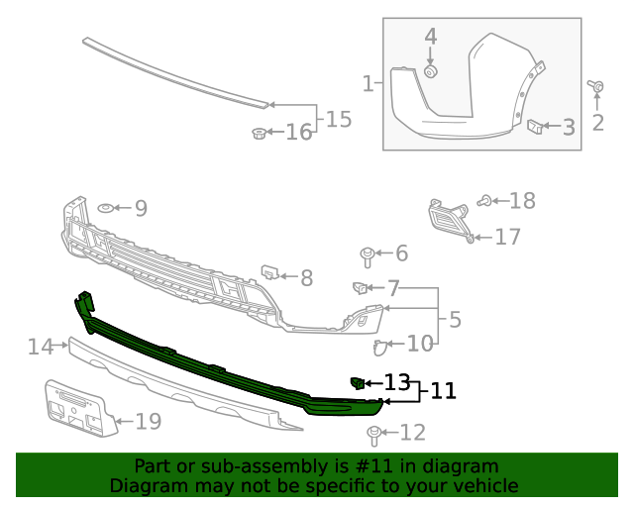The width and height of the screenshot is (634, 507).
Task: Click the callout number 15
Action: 338,120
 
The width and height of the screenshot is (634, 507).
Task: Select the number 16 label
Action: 298,133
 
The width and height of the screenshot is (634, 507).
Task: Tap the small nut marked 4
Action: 431,71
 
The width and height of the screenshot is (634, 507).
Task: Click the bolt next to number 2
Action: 598,88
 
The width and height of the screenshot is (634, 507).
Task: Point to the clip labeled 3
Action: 534,126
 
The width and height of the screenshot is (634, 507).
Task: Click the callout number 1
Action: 368,84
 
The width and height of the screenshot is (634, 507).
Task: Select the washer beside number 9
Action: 104,208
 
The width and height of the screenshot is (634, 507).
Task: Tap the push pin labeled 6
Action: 368,255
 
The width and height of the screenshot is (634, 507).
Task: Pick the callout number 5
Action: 455,320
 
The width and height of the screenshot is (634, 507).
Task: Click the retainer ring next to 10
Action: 381,347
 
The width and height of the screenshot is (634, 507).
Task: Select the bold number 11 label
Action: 443,391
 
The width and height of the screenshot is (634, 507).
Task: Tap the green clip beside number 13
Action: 357,382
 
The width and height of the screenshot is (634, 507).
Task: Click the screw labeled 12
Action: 375,434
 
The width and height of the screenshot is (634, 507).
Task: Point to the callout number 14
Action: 41,347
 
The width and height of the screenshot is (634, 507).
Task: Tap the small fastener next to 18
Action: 484,201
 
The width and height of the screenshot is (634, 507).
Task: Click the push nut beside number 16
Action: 259,134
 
